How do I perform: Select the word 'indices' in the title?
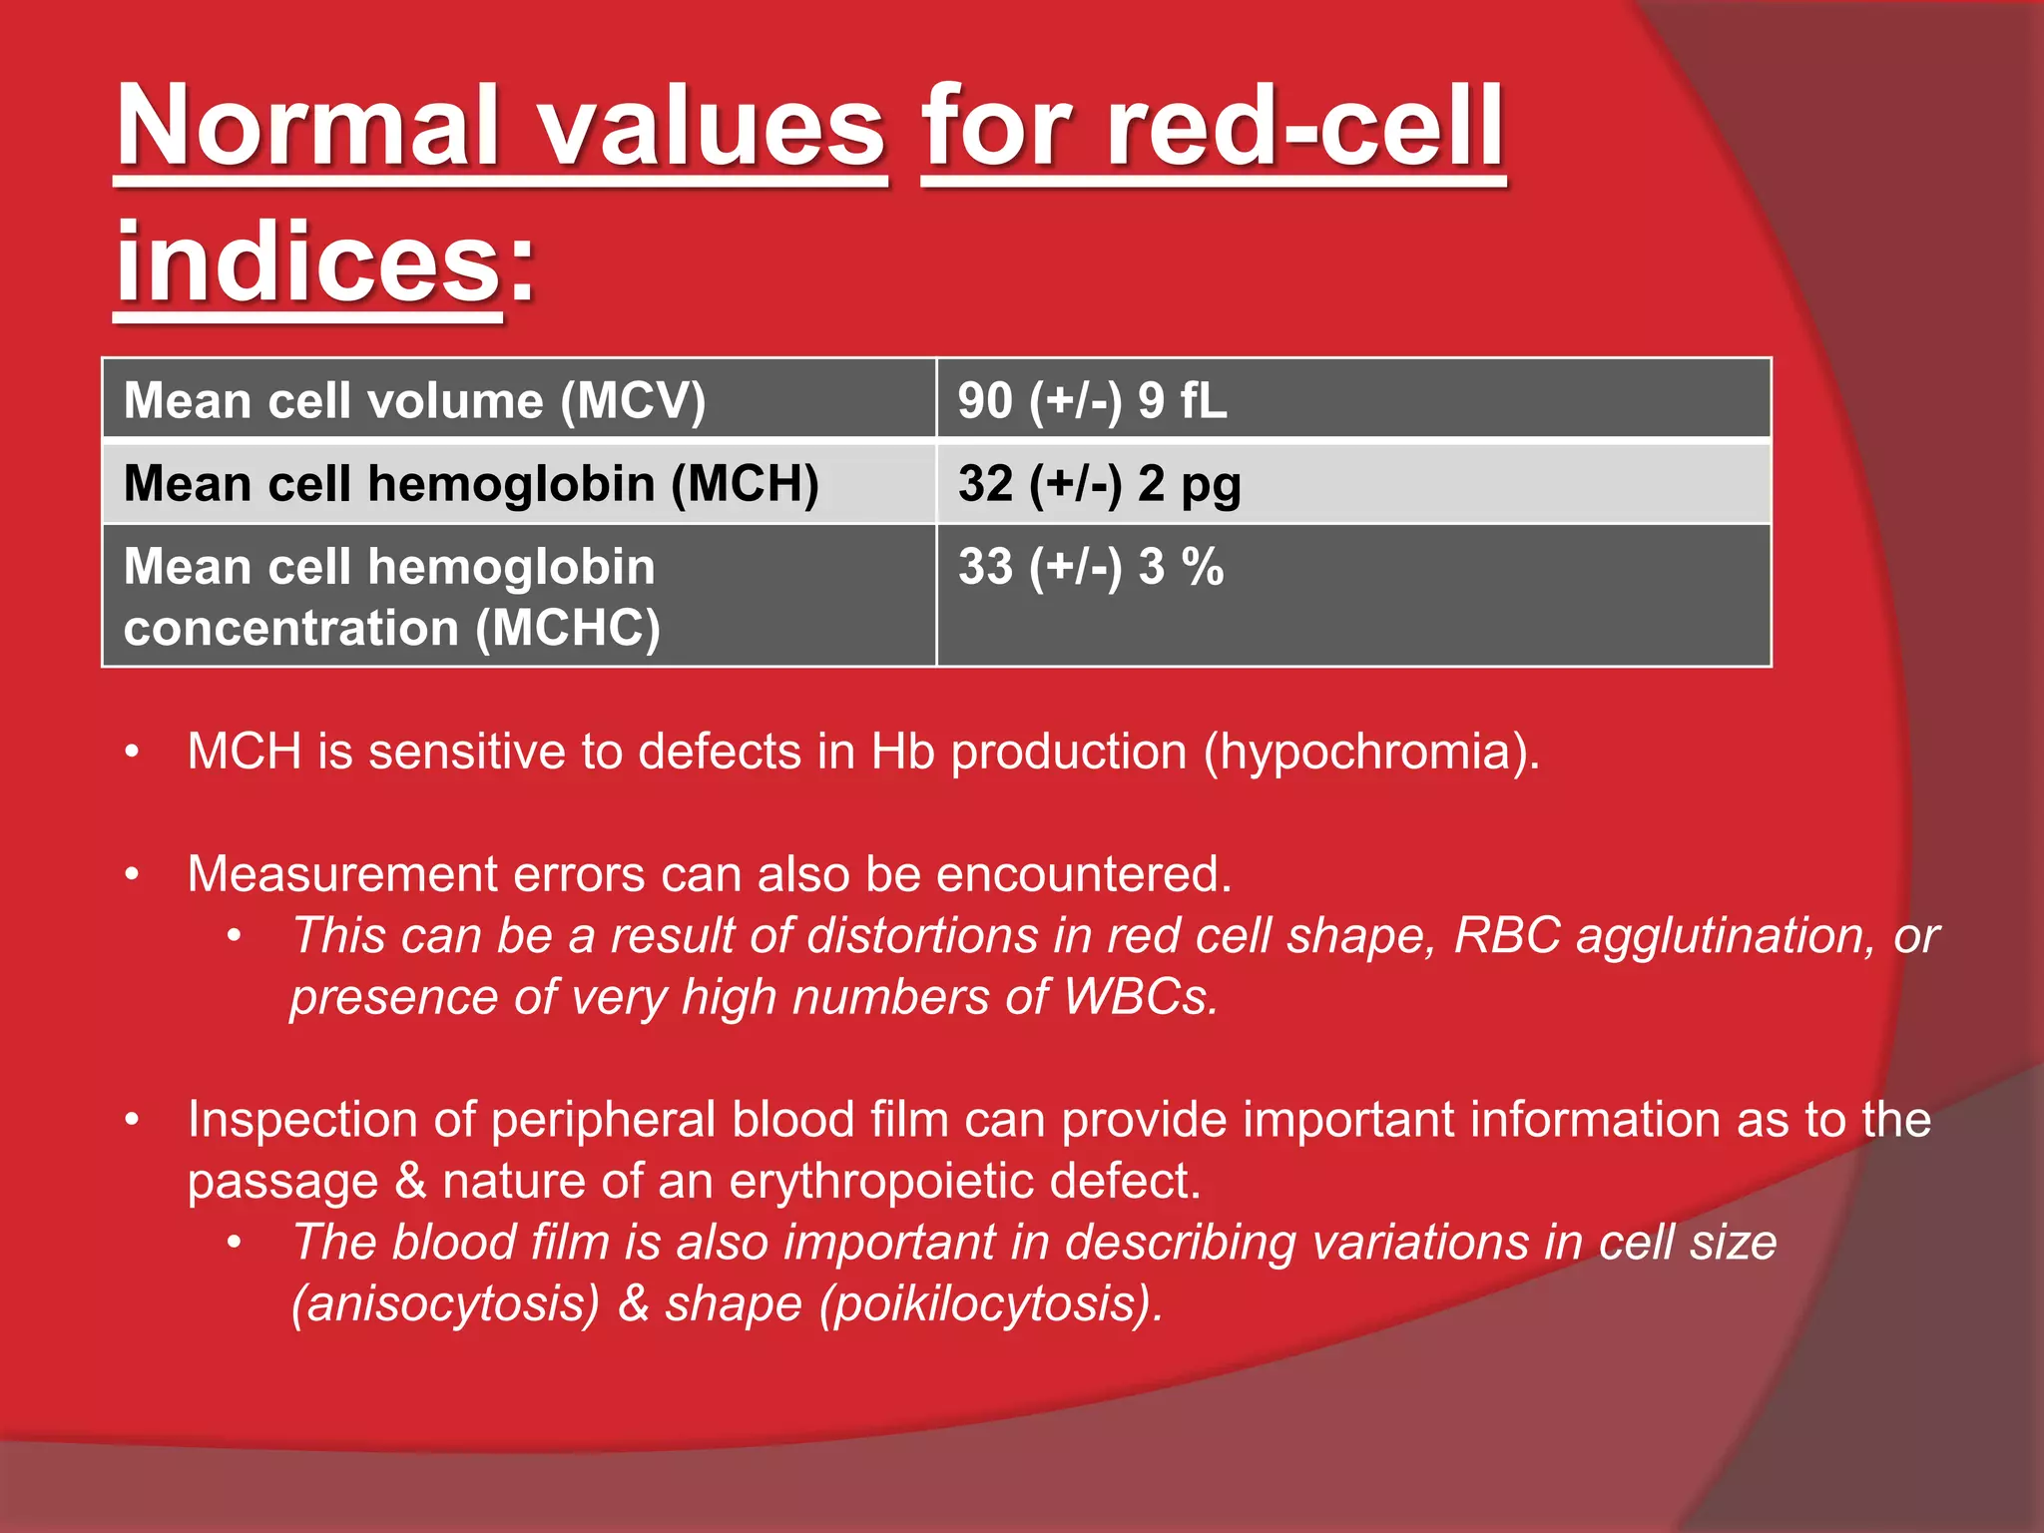(307, 262)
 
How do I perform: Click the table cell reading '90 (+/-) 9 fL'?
(1092, 400)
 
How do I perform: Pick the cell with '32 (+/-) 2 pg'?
(1099, 484)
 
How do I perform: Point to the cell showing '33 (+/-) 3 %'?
(1090, 567)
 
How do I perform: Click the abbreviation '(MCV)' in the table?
(633, 401)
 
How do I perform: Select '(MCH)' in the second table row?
(745, 484)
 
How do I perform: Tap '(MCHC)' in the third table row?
(568, 629)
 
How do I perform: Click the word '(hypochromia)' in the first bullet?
(1371, 752)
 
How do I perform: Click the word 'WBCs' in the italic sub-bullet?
(1140, 997)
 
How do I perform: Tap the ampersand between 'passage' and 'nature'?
(410, 1182)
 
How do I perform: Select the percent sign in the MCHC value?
(1203, 567)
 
